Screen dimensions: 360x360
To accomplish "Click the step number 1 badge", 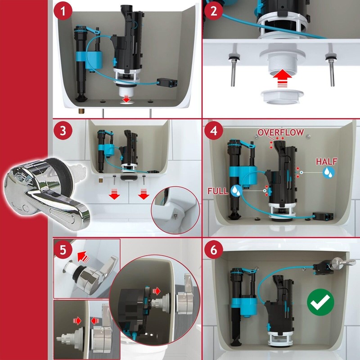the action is click(x=63, y=11).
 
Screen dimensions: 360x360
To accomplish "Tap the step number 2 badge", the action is click(x=214, y=11).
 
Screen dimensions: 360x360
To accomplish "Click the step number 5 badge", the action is click(x=63, y=250).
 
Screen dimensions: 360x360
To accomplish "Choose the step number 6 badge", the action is click(x=214, y=250).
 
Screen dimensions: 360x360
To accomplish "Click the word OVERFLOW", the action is click(x=280, y=132).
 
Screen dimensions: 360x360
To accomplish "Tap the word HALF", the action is click(x=327, y=162).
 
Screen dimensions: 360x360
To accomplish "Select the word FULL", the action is click(x=218, y=191).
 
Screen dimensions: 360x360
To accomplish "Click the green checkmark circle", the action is click(x=320, y=302).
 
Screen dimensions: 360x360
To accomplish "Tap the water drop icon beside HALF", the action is click(x=328, y=172).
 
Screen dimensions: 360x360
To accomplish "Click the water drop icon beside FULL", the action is click(x=237, y=190).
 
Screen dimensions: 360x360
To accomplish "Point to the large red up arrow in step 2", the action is click(x=282, y=78).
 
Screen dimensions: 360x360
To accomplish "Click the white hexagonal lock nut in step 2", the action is click(x=283, y=97).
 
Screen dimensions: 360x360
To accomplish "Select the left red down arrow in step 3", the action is click(x=114, y=194).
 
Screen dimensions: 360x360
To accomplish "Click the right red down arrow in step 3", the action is click(x=144, y=194).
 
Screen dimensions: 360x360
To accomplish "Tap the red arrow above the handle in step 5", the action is click(x=83, y=256).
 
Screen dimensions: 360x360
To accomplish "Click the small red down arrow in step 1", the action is click(x=126, y=99).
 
